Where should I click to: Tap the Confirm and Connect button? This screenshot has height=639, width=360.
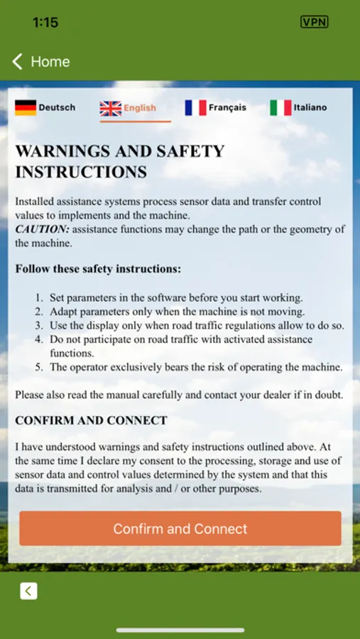[x=180, y=529]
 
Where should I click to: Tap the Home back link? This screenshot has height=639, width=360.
[x=41, y=62]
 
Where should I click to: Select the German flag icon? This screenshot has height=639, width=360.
[x=26, y=108]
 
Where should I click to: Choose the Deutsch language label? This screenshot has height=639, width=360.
[x=57, y=108]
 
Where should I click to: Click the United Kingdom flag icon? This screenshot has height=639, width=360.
[x=111, y=108]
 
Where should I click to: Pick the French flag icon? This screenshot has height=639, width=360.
[x=195, y=108]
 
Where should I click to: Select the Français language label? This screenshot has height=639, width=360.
[x=227, y=108]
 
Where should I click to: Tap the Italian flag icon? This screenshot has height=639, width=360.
[x=280, y=108]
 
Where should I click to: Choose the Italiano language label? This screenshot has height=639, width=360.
[x=310, y=108]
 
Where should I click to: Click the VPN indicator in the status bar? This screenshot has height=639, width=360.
[x=315, y=22]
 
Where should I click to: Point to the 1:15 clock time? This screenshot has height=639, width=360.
[x=45, y=23]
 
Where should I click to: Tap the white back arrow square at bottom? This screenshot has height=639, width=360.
[x=28, y=591]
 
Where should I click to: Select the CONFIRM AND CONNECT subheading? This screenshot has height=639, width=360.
[x=91, y=420]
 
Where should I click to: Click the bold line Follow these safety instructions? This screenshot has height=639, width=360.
[x=98, y=269]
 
